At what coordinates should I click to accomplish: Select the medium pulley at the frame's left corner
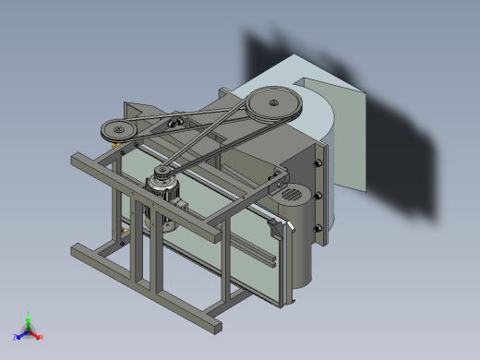click(119, 130)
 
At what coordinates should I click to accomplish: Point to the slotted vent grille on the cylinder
click(291, 195)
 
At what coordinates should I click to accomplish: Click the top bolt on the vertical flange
click(318, 164)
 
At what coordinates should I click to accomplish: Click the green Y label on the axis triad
click(29, 312)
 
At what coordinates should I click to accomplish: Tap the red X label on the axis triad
click(42, 338)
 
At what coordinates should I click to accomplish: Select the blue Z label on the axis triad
click(15, 336)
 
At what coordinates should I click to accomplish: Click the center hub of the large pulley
click(272, 104)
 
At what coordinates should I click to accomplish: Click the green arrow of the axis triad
click(29, 322)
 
